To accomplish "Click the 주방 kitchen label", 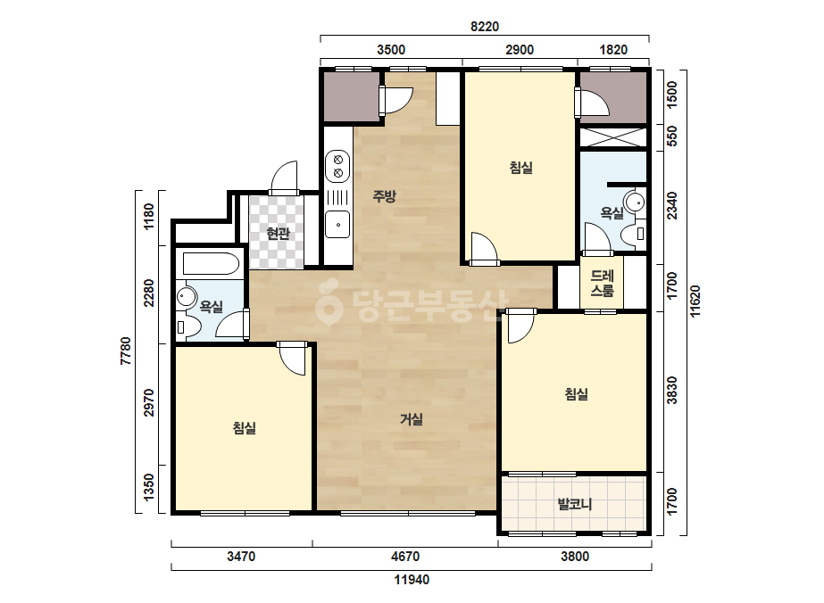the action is [384, 196].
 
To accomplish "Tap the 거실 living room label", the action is [411, 419].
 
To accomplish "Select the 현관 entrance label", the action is [278, 233].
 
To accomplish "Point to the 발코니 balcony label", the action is [574, 504].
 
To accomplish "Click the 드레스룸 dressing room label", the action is [602, 283].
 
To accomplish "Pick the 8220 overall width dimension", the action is [485, 26].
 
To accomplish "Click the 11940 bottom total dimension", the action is [412, 580].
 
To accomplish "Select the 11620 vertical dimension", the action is [695, 301].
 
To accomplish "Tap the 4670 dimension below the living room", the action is [405, 556].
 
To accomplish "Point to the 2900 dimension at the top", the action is [520, 50].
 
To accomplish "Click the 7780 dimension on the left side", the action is [126, 351].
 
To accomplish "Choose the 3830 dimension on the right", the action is [672, 391].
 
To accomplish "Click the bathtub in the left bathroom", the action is [211, 264].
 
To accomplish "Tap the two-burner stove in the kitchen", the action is [338, 165].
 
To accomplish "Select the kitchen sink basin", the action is [337, 224].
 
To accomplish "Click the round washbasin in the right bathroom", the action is [635, 202].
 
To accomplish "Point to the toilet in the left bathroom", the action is [188, 326].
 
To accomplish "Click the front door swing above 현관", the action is [284, 178].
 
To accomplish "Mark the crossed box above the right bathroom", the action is [612, 137].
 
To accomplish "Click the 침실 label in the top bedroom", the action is [520, 168].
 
